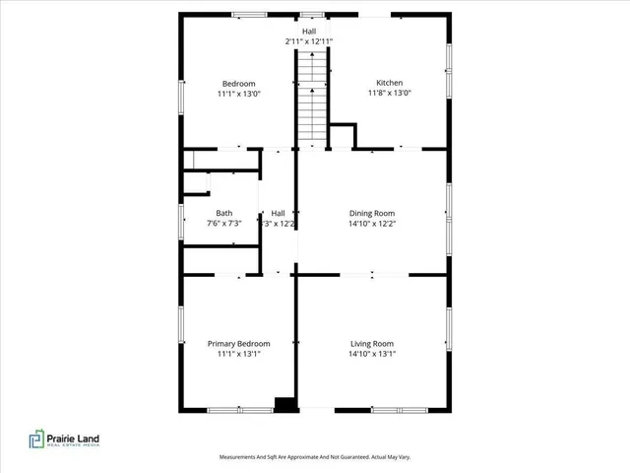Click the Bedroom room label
[238, 84]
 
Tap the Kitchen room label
[389, 83]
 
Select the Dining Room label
[372, 213]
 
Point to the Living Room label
[372, 344]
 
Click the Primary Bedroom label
[238, 344]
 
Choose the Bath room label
[224, 213]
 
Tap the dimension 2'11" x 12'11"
[309, 41]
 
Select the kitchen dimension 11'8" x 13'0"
[389, 94]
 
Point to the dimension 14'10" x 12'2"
[372, 224]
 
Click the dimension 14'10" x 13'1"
[372, 355]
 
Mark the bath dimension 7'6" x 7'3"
[224, 224]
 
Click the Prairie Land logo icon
[36, 439]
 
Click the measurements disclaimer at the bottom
[314, 457]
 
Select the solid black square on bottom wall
[285, 403]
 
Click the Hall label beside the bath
[279, 213]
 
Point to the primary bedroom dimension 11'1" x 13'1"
[238, 355]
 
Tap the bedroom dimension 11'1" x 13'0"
[238, 95]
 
